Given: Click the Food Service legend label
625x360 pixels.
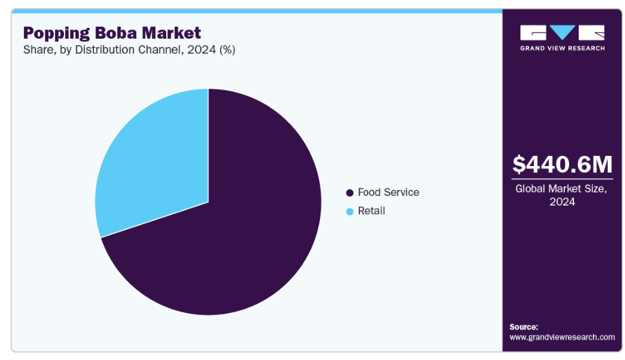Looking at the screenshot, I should click(388, 193).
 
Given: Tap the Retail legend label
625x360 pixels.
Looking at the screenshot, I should click(371, 211).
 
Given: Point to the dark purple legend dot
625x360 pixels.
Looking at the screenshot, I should click(350, 193).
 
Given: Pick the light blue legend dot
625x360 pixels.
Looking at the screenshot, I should click(350, 212).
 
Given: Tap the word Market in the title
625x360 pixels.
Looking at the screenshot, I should click(174, 33).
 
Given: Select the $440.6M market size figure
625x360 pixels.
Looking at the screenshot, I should click(562, 165).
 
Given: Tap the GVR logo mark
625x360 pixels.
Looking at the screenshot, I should click(562, 33).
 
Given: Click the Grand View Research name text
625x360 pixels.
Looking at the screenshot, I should click(562, 48).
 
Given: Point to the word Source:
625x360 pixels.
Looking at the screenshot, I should click(524, 327).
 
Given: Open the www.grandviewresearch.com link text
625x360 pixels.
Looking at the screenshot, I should click(562, 337).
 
